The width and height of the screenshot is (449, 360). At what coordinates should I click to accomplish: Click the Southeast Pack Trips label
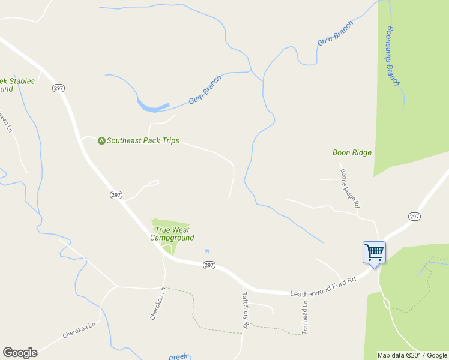point(143,140)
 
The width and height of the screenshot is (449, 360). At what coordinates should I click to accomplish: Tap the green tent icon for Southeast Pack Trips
point(101,140)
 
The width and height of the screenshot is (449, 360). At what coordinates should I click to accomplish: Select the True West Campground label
point(172,234)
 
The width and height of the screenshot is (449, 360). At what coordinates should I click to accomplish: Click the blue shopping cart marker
point(374,253)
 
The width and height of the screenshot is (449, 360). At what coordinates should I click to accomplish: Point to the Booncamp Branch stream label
point(393,56)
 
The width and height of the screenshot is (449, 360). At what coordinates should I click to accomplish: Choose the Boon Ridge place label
point(352,152)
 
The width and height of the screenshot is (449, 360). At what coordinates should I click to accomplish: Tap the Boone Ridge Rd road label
point(350,188)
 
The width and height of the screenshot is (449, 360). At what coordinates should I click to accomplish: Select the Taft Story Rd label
point(245,309)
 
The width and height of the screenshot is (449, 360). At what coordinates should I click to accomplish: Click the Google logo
point(20,353)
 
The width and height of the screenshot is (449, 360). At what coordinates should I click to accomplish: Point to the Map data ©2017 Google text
point(411,355)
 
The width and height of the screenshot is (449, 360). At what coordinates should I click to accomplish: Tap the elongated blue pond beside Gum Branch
point(151,107)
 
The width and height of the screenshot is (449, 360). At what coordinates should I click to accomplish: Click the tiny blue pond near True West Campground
point(208,251)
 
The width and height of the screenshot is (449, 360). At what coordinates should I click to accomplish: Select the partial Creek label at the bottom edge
point(178,357)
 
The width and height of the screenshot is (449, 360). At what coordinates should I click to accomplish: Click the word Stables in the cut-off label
point(21,81)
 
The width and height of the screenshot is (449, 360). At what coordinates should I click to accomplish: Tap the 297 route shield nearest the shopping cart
point(414,216)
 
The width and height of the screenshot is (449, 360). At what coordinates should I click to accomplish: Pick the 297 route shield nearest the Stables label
point(58,88)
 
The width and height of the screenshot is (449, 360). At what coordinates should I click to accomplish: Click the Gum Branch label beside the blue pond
point(205,90)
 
